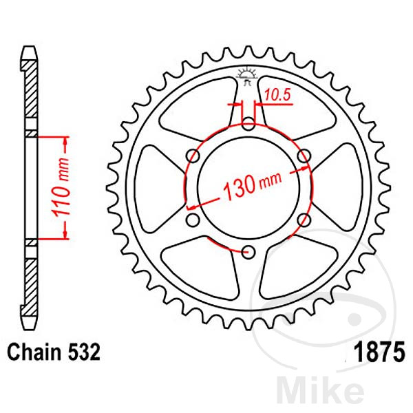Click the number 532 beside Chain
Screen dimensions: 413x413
click(84, 352)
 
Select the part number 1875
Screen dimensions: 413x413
click(379, 352)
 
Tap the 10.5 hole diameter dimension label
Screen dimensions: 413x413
click(277, 95)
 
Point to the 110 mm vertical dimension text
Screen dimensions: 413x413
click(61, 187)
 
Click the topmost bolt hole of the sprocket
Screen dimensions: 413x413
click(248, 124)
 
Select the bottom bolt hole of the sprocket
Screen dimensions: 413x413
click(248, 252)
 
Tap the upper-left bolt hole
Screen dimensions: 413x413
click(193, 156)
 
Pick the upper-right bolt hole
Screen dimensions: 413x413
click(304, 156)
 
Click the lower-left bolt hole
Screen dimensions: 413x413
click(193, 220)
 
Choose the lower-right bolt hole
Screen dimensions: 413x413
click(304, 220)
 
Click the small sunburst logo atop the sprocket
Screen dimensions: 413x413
click(247, 76)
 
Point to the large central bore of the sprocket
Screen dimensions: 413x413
click(248, 188)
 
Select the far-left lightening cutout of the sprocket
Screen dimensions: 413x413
click(160, 188)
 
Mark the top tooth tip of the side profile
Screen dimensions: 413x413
click(29, 47)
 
